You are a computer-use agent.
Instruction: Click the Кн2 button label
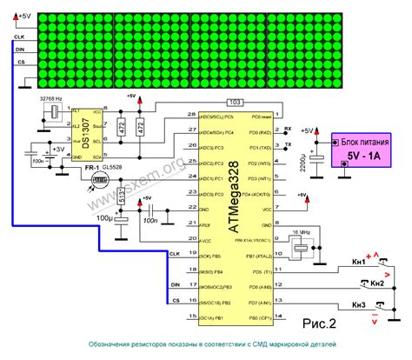pos(375,283)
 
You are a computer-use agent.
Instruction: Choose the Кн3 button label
pos(359,304)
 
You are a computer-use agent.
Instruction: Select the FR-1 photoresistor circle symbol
pos(98,181)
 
